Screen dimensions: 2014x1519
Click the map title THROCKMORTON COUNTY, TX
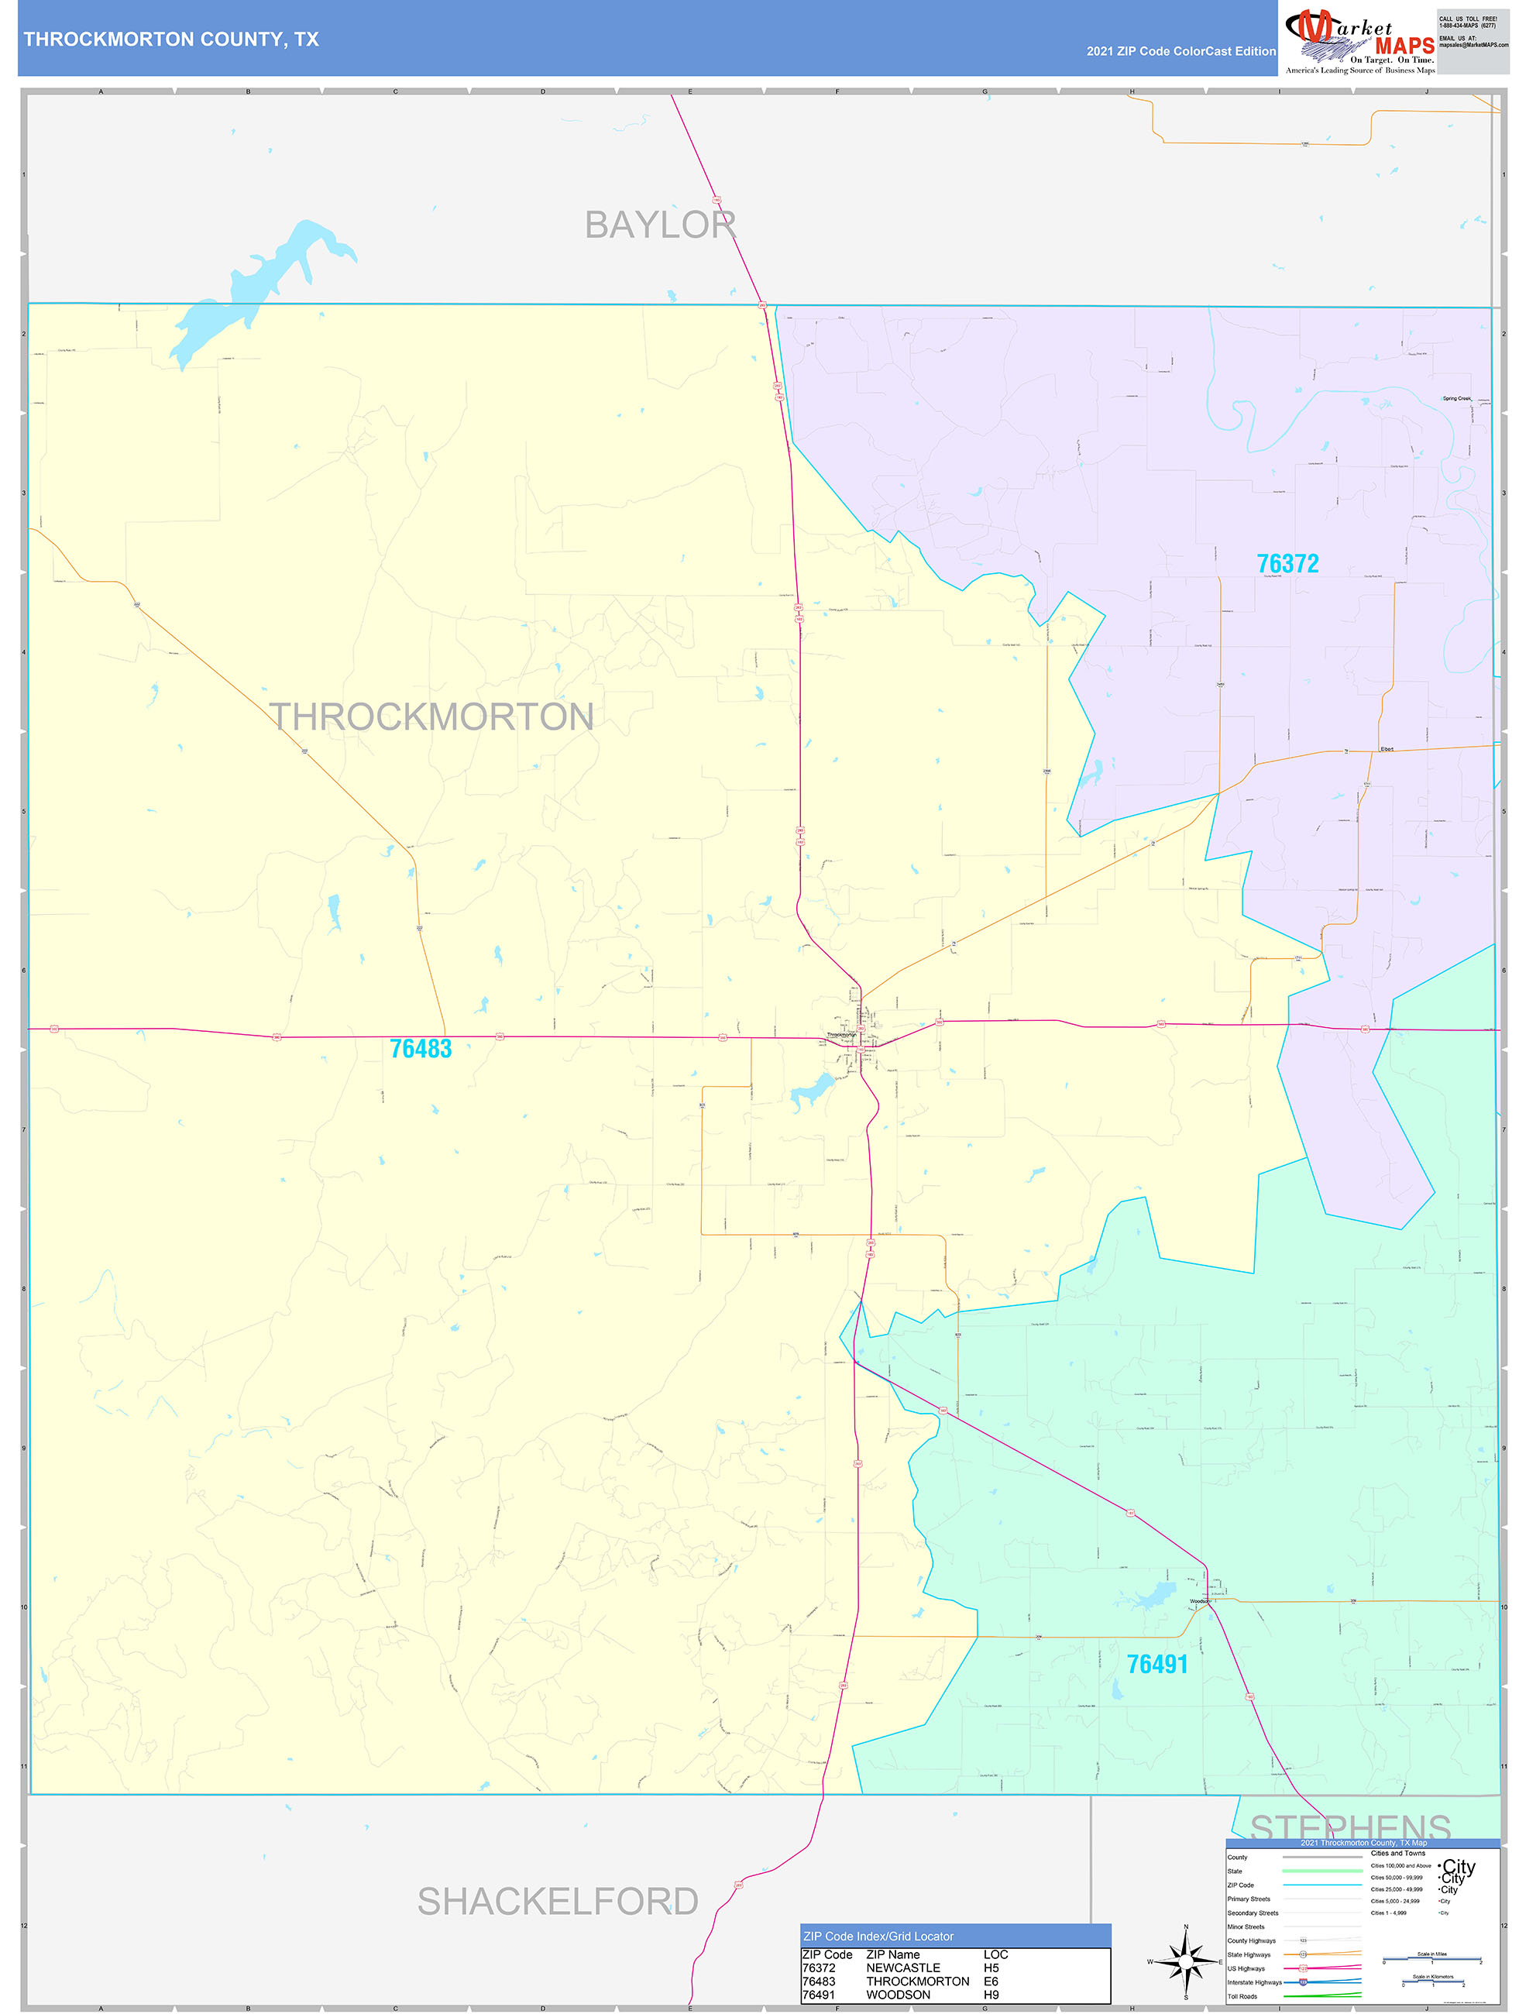pyautogui.click(x=171, y=40)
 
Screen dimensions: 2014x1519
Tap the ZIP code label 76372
pyautogui.click(x=1287, y=565)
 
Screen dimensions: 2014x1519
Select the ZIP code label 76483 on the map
pyautogui.click(x=421, y=1049)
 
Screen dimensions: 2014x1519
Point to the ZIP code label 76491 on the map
pyautogui.click(x=1157, y=1665)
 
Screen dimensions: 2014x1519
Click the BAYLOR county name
pyautogui.click(x=660, y=225)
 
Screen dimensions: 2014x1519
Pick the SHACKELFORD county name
pyautogui.click(x=558, y=1902)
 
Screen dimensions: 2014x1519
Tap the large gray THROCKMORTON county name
pyautogui.click(x=431, y=717)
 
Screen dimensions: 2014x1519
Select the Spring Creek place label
pyautogui.click(x=1456, y=399)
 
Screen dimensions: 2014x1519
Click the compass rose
pyautogui.click(x=1185, y=1961)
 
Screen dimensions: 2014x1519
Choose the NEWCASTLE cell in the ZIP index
pyautogui.click(x=902, y=1968)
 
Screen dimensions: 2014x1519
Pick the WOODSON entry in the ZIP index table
pyautogui.click(x=898, y=1995)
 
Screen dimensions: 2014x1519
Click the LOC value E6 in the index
pyautogui.click(x=991, y=1981)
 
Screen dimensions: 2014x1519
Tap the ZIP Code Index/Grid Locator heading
pyautogui.click(x=878, y=1937)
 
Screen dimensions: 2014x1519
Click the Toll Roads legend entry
pyautogui.click(x=1242, y=1997)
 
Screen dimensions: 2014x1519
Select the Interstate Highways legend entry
pyautogui.click(x=1254, y=1982)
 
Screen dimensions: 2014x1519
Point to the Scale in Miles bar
pyautogui.click(x=1431, y=1959)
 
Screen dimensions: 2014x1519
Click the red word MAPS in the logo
pyautogui.click(x=1404, y=46)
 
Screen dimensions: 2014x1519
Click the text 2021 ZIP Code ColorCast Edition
pyautogui.click(x=1180, y=51)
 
